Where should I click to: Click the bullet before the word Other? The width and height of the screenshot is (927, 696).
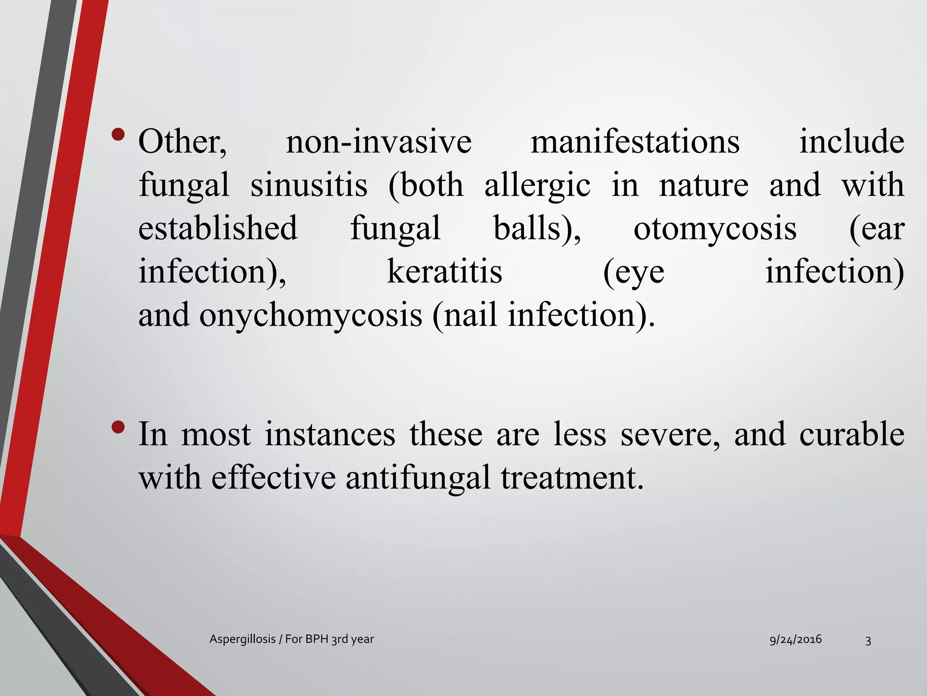[x=118, y=135]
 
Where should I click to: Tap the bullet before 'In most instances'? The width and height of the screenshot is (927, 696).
[x=118, y=427]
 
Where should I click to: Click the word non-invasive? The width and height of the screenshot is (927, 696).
[x=379, y=142]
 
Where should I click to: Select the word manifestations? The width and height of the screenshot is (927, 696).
[x=635, y=142]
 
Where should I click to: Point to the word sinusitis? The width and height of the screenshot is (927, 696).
[x=309, y=185]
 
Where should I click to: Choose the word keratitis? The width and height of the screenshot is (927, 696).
[x=444, y=272]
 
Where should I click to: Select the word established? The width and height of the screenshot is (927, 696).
[x=218, y=228]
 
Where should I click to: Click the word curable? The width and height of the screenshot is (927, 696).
[x=852, y=434]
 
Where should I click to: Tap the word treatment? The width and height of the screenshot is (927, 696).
[x=572, y=478]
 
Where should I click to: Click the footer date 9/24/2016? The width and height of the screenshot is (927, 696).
[x=796, y=639]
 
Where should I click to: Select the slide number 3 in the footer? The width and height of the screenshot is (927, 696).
[x=868, y=640]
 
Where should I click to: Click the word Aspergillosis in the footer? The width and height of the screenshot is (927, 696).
[x=243, y=639]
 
